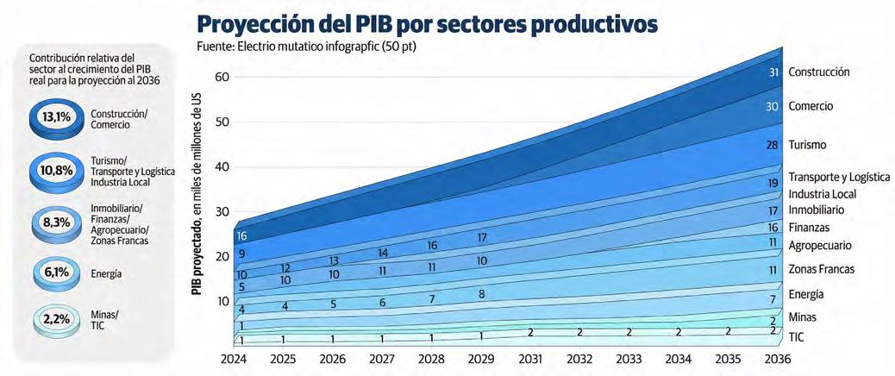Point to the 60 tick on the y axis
pos(222,77)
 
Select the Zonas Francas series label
pos(821,269)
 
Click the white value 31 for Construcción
pos(773,72)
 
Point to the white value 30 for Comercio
pos(773,106)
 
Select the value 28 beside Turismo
pos(773,145)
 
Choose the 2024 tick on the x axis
pos(235,358)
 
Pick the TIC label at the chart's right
pos(797,337)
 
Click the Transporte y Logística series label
pos(838,176)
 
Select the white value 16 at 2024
pos(242,235)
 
